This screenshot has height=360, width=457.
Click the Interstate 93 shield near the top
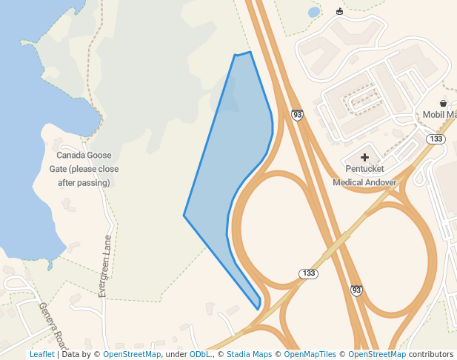[x=297, y=115]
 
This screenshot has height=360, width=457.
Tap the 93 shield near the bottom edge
[x=356, y=290]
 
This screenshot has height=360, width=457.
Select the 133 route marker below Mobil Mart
[x=436, y=139]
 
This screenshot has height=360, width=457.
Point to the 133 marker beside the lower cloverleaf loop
[x=309, y=274]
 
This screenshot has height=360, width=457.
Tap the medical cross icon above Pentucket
[x=364, y=157]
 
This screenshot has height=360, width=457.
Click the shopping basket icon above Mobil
[x=443, y=103]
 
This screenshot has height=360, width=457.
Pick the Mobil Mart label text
[x=439, y=115]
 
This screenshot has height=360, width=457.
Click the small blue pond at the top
[x=314, y=13]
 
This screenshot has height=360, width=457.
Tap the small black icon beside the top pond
[x=340, y=11]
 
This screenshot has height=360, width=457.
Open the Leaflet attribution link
[x=41, y=354]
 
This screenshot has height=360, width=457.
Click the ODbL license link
[x=199, y=354]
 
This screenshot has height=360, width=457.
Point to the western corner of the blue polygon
[x=184, y=216]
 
